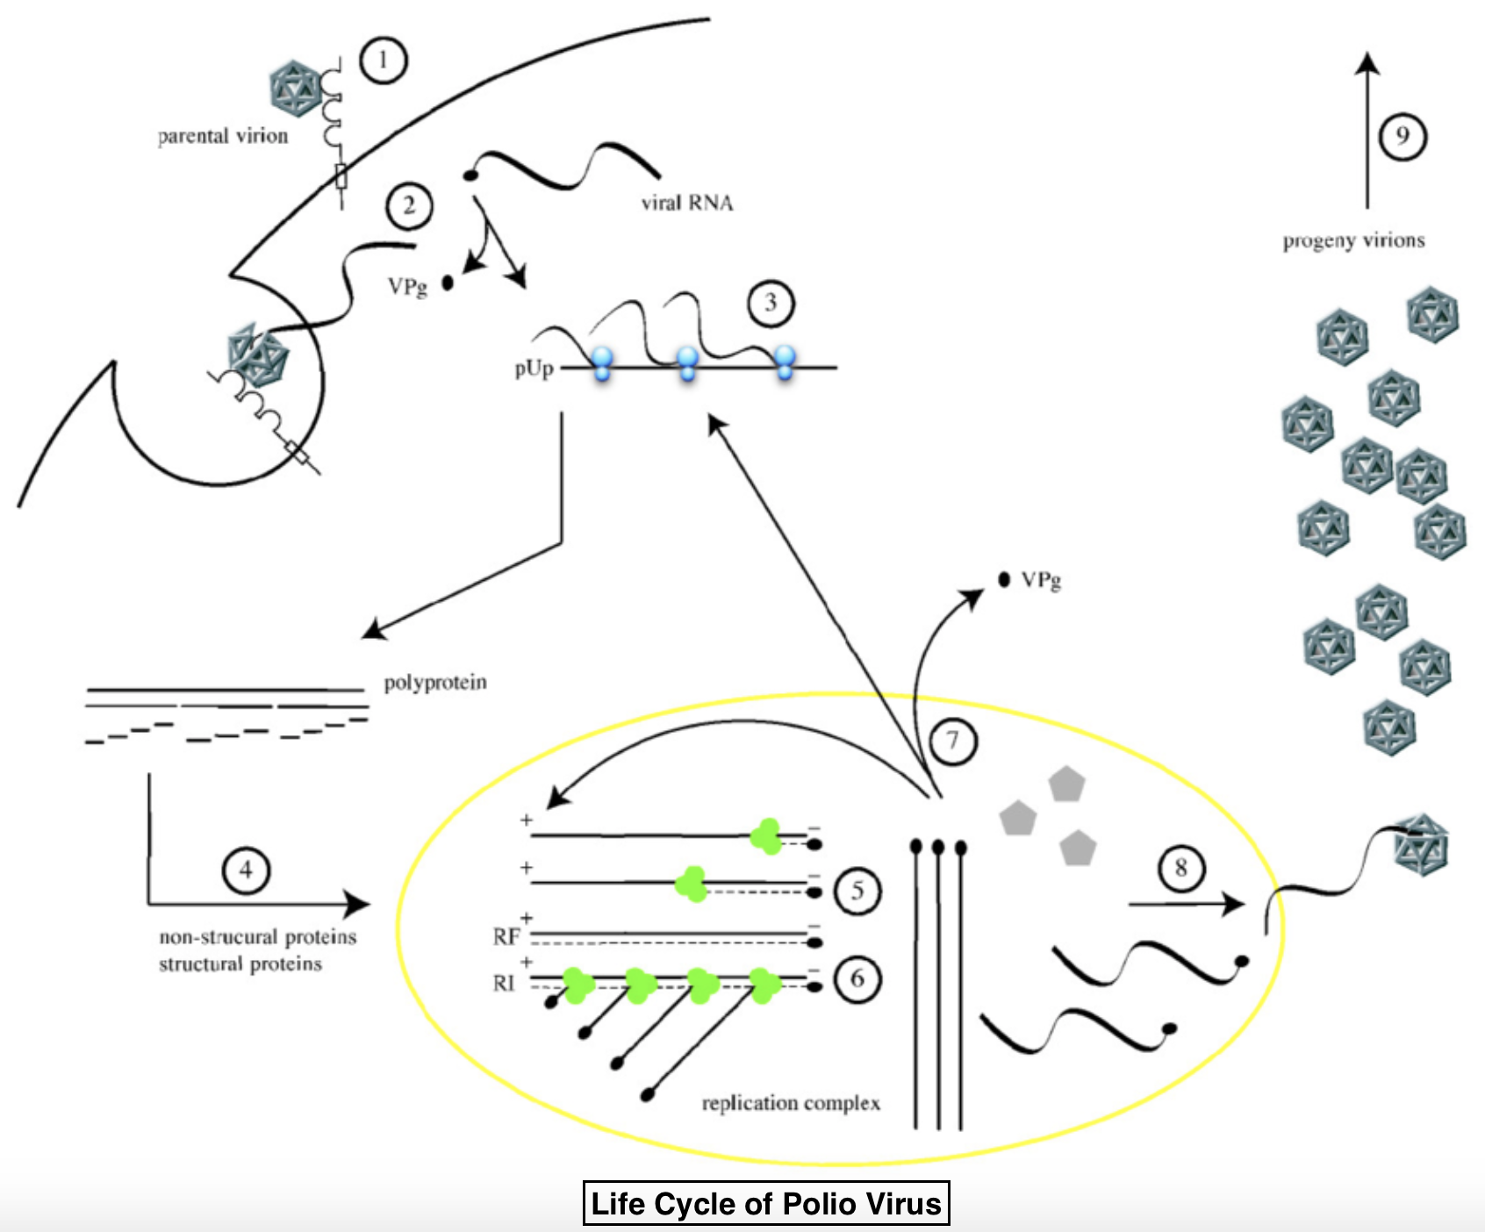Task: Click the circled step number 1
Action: click(383, 61)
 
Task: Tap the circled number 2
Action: click(409, 206)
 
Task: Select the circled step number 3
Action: click(771, 304)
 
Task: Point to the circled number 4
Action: click(246, 870)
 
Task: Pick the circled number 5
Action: click(857, 892)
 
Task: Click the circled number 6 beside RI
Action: click(857, 978)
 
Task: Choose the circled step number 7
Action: click(953, 741)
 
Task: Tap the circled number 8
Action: click(1180, 869)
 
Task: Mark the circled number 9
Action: click(1402, 137)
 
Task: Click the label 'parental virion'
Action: click(223, 136)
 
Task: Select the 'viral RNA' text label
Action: click(686, 204)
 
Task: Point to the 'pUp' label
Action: click(534, 369)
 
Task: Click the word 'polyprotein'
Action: click(435, 683)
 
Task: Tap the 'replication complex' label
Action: click(791, 1103)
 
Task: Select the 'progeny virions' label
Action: click(1353, 240)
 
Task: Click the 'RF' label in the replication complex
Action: click(506, 937)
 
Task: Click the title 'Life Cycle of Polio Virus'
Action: click(766, 1203)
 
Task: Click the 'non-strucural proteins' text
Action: click(258, 937)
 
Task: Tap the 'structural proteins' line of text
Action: click(240, 964)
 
